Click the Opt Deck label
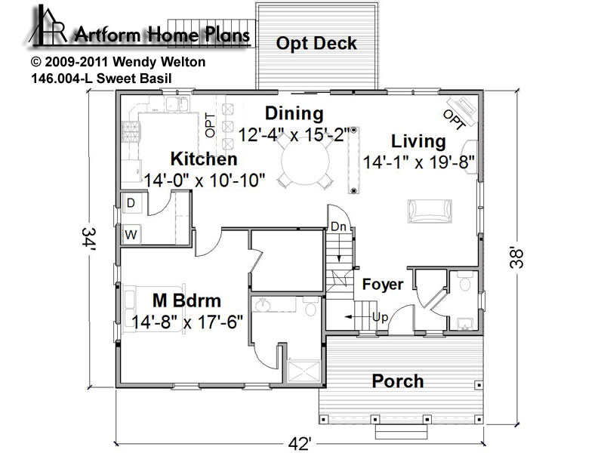316,44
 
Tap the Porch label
398,381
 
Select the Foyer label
383,285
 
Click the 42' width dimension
299,444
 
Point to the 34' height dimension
88,239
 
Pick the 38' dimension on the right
516,257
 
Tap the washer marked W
131,234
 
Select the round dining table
305,161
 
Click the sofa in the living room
430,211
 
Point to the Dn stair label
338,226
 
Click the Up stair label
381,317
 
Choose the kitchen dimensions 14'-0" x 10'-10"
205,180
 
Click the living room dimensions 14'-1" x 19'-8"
419,162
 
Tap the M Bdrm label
186,300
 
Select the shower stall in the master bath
304,371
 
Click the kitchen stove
131,131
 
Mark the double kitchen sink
177,104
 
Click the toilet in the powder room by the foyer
465,281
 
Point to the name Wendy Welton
159,62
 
